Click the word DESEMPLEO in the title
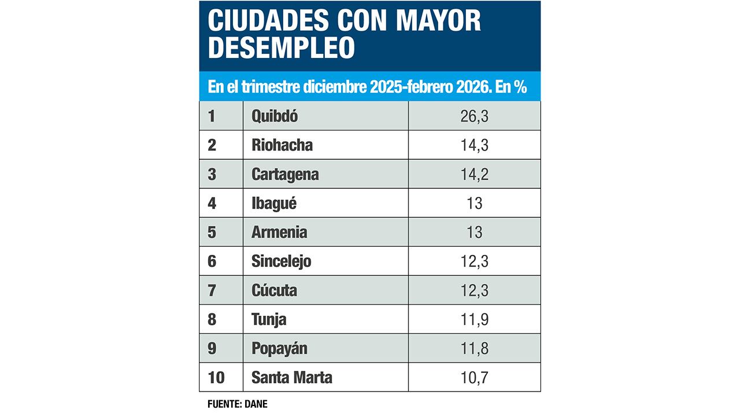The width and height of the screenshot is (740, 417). [x=281, y=49]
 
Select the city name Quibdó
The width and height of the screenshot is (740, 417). [x=275, y=116]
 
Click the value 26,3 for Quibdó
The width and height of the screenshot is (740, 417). [x=474, y=116]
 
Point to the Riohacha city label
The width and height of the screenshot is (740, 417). [x=282, y=145]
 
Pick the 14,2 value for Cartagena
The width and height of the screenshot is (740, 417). [x=474, y=174]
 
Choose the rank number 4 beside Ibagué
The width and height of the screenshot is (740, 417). [x=212, y=203]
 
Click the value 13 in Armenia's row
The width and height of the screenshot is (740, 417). [x=474, y=232]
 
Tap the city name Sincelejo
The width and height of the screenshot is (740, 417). [x=281, y=261]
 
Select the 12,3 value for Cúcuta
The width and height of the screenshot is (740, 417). [x=474, y=290]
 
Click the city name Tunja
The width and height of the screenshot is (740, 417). [x=269, y=319]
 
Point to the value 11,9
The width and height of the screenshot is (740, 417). [x=474, y=319]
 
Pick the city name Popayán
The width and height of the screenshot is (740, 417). [x=279, y=349]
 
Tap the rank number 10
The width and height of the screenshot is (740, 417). [x=216, y=378]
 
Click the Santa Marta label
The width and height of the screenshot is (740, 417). [x=292, y=378]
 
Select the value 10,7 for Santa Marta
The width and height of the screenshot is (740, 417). [x=474, y=378]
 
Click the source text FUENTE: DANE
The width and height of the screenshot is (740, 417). [x=237, y=404]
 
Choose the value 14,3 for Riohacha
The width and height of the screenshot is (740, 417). [x=474, y=145]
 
